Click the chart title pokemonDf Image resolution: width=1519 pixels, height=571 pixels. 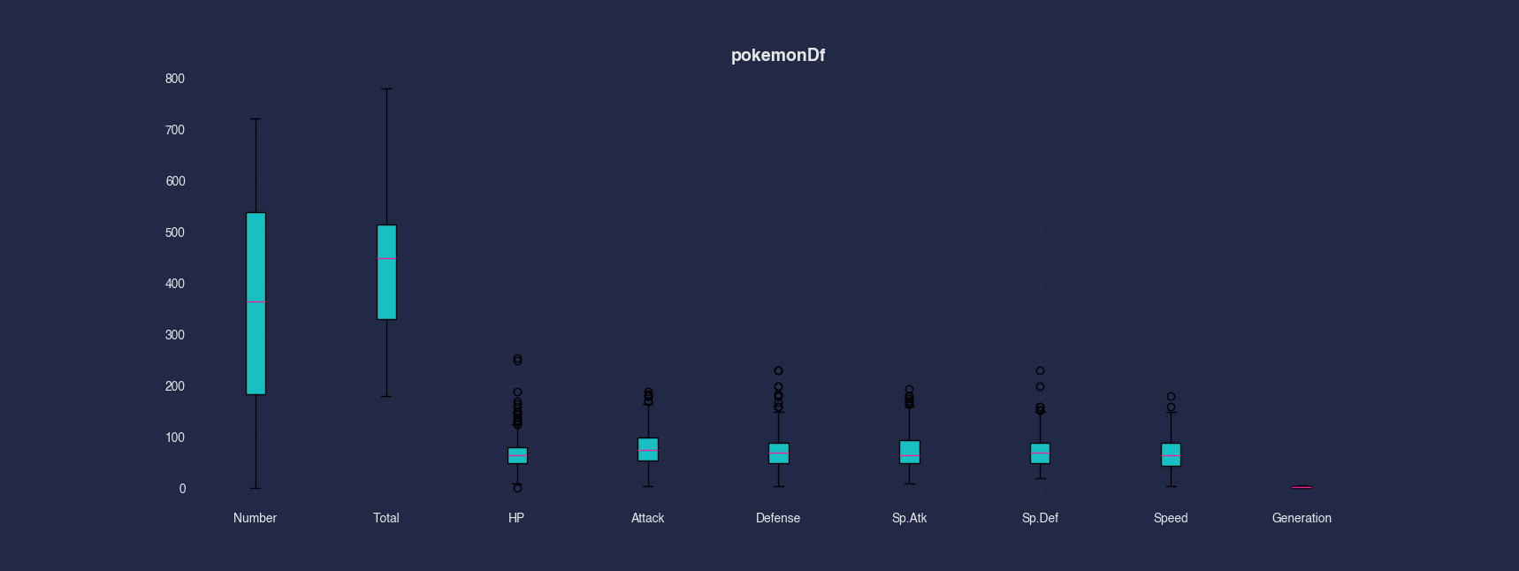(x=777, y=55)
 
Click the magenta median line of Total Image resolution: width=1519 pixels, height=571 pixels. (x=386, y=258)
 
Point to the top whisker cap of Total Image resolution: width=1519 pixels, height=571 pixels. (x=386, y=89)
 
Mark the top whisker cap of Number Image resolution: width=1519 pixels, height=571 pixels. (x=256, y=119)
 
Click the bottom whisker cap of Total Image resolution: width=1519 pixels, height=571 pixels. (x=386, y=396)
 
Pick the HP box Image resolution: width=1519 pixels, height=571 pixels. (x=517, y=455)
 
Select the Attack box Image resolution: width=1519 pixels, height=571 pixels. (x=648, y=449)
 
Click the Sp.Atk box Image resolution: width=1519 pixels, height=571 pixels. (x=910, y=452)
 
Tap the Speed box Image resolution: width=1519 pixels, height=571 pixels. (x=1171, y=454)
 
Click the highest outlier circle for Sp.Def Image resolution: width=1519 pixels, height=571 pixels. (x=1040, y=371)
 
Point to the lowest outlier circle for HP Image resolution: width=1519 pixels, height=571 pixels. (x=517, y=488)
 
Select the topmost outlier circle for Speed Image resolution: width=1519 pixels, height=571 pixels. (x=1171, y=397)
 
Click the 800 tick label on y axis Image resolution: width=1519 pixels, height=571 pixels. (x=175, y=79)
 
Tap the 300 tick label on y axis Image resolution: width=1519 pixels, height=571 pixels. (x=175, y=335)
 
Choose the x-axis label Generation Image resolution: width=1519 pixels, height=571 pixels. (x=1301, y=518)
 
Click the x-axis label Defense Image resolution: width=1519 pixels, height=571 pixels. (x=778, y=518)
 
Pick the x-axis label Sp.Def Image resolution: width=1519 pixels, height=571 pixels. (x=1040, y=518)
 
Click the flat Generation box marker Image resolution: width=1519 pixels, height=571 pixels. (x=1301, y=487)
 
